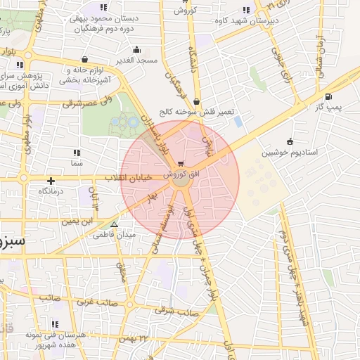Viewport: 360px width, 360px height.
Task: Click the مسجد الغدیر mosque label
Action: click(x=136, y=61)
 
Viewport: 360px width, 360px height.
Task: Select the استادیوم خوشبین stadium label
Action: click(x=290, y=152)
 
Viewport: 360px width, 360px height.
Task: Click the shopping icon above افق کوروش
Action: click(x=182, y=164)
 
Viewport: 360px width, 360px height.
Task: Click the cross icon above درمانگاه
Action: click(x=51, y=181)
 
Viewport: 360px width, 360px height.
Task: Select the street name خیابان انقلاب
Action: click(x=134, y=177)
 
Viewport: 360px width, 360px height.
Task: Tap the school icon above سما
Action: click(x=76, y=152)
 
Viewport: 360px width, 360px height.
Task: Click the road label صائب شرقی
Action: click(x=175, y=310)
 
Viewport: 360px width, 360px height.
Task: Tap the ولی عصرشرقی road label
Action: click(x=87, y=103)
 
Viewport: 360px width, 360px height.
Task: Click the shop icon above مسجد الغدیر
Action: click(x=136, y=50)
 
